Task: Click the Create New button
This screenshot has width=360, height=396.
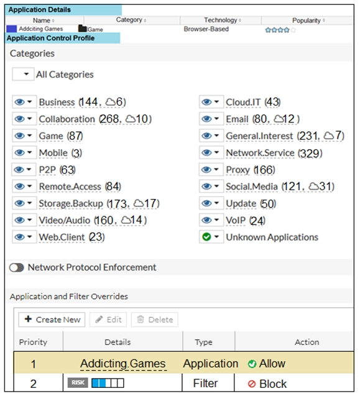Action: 52,320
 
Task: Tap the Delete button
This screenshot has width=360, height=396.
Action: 155,320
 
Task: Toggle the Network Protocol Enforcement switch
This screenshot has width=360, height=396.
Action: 17,267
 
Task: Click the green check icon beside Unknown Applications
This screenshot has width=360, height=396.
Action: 206,237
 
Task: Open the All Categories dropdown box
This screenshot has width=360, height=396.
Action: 23,74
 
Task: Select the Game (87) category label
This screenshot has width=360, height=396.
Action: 61,136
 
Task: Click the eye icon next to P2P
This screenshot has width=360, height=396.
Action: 19,170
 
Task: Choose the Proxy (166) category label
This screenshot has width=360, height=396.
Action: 251,170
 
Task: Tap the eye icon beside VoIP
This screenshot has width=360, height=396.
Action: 206,220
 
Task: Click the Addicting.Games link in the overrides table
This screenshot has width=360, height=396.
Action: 123,364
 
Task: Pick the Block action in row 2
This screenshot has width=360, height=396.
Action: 267,384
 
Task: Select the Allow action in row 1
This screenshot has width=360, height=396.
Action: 267,364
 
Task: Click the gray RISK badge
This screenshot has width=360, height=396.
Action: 78,382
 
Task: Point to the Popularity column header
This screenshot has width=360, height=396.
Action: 306,21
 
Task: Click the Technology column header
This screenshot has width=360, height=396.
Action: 221,20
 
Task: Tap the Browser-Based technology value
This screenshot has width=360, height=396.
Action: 206,29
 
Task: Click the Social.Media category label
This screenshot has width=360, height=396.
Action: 252,186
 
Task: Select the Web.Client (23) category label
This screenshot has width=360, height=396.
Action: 72,237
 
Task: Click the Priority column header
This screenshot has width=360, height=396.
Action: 33,342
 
